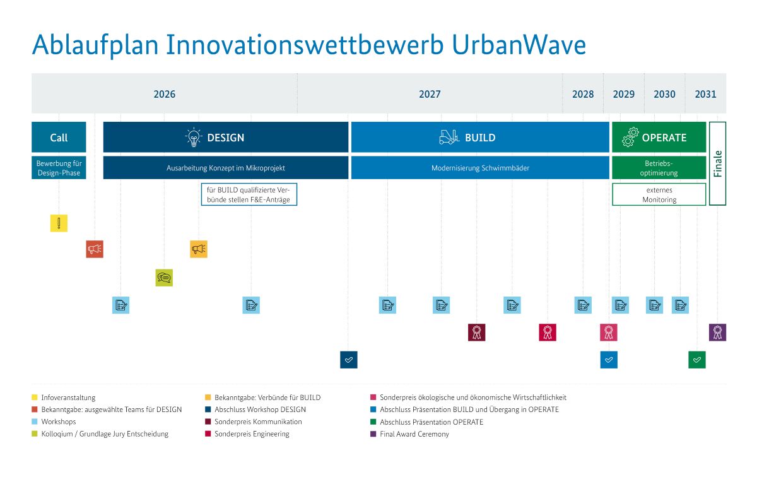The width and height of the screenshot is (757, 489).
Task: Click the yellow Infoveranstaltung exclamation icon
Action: point(59,223)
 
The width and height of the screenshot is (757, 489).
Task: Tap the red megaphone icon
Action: point(95,249)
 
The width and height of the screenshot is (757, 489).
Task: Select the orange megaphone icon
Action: point(199,249)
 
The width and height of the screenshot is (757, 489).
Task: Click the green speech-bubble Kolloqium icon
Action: point(164,278)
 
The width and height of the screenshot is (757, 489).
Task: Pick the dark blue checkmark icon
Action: point(349,360)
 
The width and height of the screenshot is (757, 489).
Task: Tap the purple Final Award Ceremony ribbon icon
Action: point(717,332)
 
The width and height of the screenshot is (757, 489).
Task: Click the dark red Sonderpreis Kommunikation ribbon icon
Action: point(477,332)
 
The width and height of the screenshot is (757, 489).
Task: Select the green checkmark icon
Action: point(697,360)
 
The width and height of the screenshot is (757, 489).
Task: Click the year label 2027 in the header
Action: point(430,95)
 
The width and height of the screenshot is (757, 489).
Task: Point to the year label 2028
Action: point(583,95)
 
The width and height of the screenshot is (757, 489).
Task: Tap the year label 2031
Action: point(705,95)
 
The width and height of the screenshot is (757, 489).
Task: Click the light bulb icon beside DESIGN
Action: point(193,137)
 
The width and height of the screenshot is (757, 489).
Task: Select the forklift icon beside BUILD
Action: point(449,137)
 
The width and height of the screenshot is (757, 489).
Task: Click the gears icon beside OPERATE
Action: point(630,137)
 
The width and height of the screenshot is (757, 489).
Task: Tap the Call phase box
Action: point(59,138)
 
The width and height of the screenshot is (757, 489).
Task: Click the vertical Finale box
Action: point(718,163)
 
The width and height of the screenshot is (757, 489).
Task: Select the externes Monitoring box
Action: point(659,194)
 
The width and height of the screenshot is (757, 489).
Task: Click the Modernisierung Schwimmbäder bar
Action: point(480,168)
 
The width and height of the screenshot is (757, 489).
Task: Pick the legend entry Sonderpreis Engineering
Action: point(251,434)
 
